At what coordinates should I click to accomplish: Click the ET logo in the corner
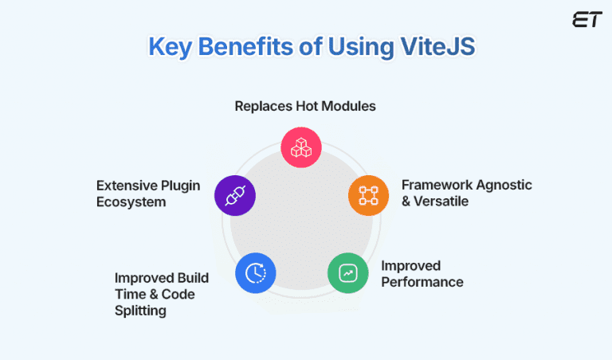586,19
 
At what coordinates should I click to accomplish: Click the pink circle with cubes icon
301,147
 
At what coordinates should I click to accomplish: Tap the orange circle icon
368,195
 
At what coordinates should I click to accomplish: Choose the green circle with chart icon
347,273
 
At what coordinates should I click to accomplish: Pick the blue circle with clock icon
256,273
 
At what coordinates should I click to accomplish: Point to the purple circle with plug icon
235,195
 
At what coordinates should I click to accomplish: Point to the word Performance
422,282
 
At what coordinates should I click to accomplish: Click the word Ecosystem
131,202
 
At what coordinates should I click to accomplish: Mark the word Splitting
140,311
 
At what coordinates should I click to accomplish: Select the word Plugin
180,185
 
